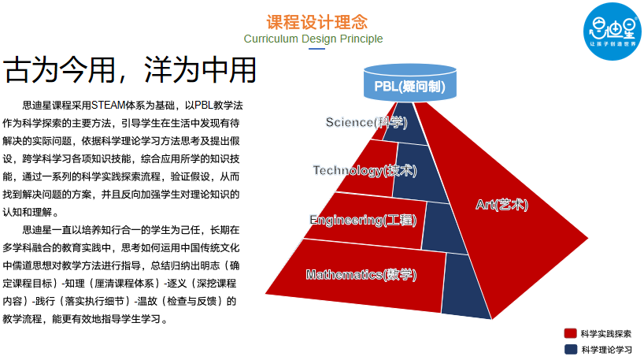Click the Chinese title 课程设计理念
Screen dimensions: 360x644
[316, 22]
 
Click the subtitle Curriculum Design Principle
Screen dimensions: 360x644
[313, 39]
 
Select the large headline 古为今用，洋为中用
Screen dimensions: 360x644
[131, 71]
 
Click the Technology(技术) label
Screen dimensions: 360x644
[364, 170]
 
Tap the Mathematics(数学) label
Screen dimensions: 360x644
[361, 275]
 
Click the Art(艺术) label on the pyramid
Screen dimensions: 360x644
[502, 205]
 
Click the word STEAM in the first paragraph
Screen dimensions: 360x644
[108, 104]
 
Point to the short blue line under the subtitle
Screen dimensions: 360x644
[316, 49]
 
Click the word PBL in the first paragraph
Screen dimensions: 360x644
[205, 104]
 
